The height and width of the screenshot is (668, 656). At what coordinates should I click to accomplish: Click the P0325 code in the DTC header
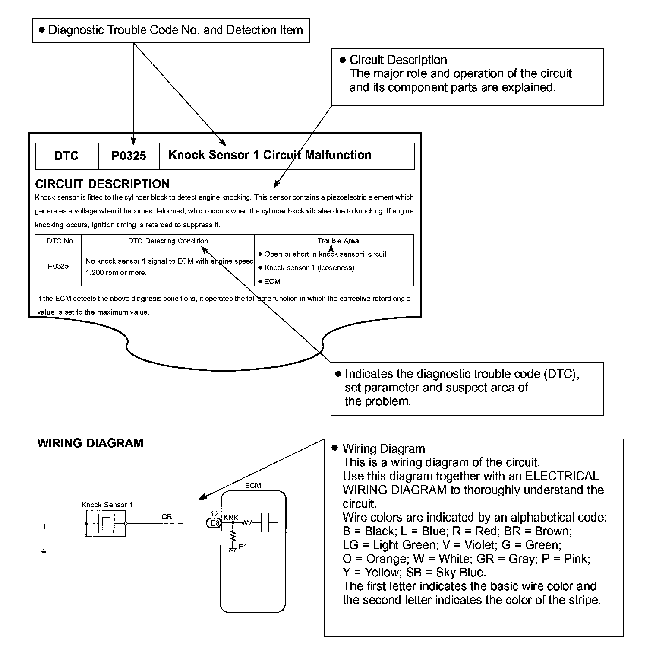click(129, 156)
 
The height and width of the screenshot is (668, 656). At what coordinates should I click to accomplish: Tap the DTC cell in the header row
click(66, 156)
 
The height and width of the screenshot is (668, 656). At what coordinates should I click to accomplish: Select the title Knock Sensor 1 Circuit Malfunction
click(270, 155)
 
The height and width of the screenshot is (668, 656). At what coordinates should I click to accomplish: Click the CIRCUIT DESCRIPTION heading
click(102, 184)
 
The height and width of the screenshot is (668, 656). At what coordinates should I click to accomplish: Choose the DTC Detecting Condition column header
click(168, 241)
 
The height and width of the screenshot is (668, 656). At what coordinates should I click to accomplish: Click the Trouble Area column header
click(338, 241)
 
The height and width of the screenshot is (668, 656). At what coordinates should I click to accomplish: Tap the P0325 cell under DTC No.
click(58, 266)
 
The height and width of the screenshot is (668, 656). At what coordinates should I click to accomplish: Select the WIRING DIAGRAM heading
click(90, 443)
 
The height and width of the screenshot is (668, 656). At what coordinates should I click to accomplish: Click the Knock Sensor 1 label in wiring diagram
click(107, 505)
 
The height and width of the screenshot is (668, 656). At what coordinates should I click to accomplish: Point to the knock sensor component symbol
click(106, 524)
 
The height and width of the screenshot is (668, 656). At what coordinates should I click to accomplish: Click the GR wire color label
click(167, 517)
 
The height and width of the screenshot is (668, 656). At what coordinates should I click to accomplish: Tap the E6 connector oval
click(214, 523)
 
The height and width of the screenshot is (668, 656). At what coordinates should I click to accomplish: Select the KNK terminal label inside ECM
click(231, 518)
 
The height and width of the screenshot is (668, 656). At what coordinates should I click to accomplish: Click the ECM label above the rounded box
click(253, 485)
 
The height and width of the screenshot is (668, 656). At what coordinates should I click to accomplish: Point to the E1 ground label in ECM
click(243, 547)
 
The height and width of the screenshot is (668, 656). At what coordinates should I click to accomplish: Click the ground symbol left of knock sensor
click(44, 551)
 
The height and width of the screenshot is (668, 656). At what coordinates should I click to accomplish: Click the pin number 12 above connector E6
click(214, 514)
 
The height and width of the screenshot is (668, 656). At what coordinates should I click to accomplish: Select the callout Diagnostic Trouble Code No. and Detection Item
click(171, 30)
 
